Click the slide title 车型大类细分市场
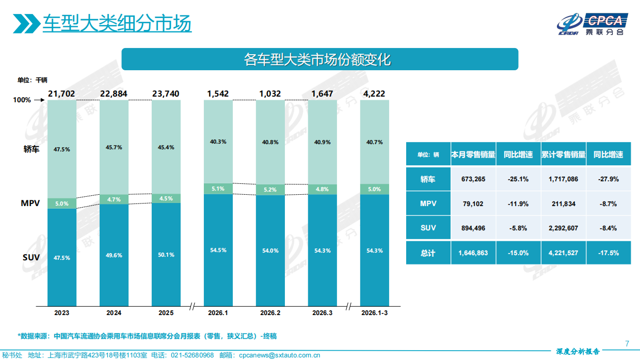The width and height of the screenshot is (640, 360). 117,23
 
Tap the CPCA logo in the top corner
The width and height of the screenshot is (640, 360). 593,24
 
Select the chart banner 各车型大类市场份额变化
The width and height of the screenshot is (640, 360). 319,59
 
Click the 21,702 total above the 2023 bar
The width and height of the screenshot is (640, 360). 61,93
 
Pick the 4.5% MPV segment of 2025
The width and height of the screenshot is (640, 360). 166,198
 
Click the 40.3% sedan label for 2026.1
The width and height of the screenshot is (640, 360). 218,141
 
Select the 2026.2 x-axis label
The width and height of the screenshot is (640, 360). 270,313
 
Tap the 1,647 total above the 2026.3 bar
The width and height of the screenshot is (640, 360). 322,93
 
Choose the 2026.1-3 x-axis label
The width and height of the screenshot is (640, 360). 374,313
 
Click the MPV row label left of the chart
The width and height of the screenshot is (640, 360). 30,204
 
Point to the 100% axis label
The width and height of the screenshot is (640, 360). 22,100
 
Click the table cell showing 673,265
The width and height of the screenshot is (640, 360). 473,179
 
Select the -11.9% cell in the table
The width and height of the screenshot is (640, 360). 518,204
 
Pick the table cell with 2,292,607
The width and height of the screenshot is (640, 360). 563,228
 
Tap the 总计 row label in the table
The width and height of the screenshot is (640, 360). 428,253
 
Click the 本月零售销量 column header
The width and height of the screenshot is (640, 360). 473,154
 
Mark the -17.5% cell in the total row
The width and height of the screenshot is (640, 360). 608,253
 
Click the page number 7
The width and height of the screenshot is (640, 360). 627,343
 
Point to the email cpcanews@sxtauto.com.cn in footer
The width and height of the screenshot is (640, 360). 280,355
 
